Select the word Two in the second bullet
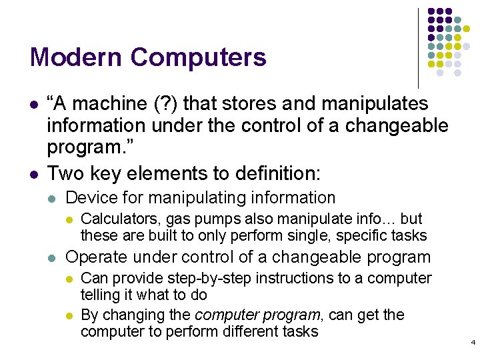[x=65, y=174]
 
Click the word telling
[x=101, y=294]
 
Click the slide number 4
[x=473, y=343]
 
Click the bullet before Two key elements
[x=33, y=174]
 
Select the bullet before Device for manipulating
[x=53, y=199]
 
